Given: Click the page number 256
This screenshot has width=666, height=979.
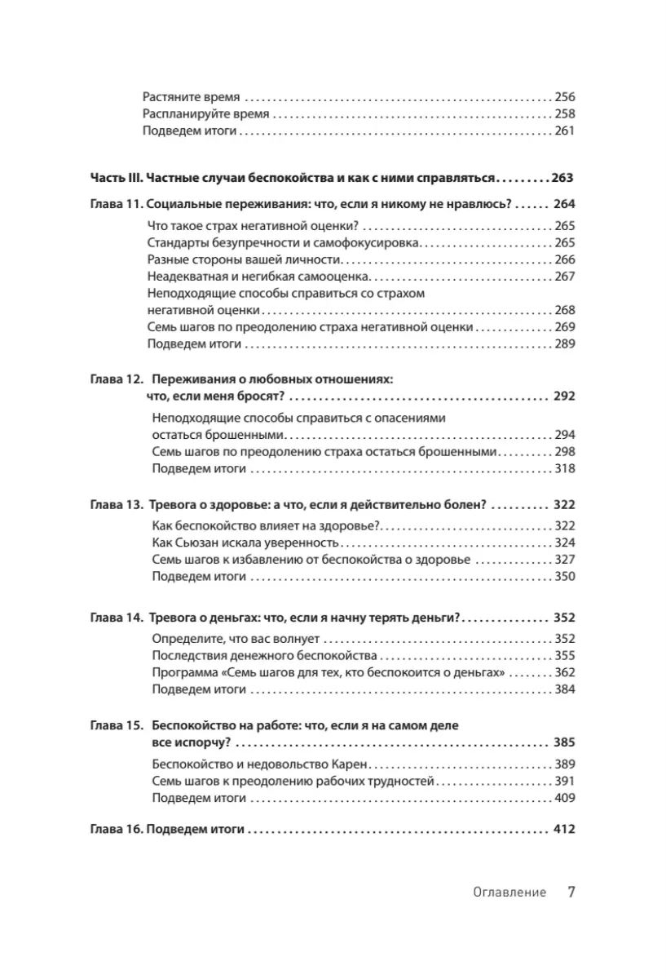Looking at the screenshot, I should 564,95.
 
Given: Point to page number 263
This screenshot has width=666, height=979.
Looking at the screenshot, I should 563,177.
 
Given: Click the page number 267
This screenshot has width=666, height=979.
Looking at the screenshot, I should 564,277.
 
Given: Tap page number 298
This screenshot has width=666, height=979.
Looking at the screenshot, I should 564,451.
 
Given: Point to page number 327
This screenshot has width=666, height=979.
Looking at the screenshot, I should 564,560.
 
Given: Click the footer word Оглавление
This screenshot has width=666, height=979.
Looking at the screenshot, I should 509,893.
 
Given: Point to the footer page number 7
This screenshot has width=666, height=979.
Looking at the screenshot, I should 571,892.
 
